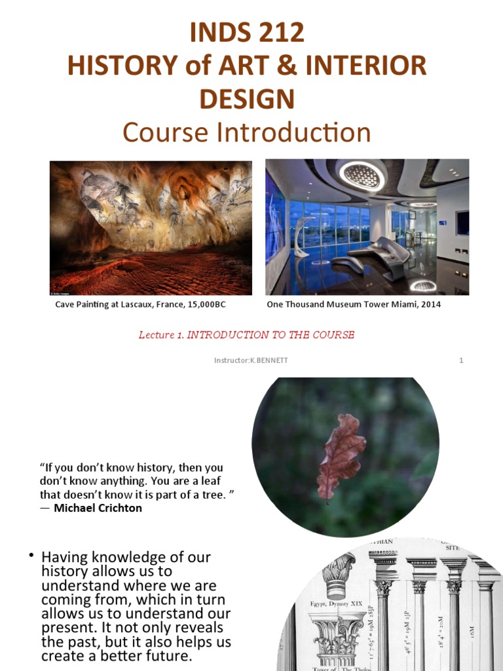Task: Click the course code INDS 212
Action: [247, 32]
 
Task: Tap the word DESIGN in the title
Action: [247, 99]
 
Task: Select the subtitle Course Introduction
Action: [247, 133]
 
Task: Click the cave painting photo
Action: [151, 227]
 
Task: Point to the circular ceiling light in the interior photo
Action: [362, 174]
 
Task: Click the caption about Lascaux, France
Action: [145, 305]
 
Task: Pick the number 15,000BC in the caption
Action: [212, 305]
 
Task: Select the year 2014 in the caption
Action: [430, 305]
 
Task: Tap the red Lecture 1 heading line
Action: [246, 335]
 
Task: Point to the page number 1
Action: [461, 360]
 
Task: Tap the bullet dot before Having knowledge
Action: [30, 556]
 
